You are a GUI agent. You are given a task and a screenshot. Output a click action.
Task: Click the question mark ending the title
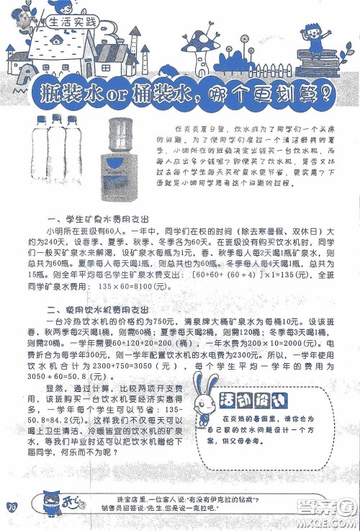click(325, 92)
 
